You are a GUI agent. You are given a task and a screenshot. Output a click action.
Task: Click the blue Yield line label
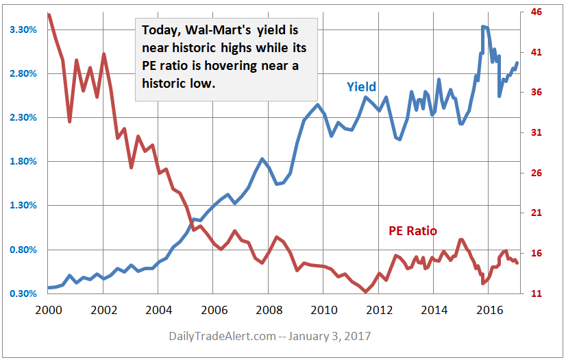361,87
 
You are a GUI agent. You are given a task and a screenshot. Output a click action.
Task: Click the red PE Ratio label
413,231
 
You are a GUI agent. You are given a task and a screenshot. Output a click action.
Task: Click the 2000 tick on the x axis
48,309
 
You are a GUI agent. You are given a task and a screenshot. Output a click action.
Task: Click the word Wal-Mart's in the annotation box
217,32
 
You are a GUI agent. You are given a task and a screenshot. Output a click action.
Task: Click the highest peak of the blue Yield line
483,27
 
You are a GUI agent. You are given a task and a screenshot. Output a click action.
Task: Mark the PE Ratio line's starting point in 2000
48,14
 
